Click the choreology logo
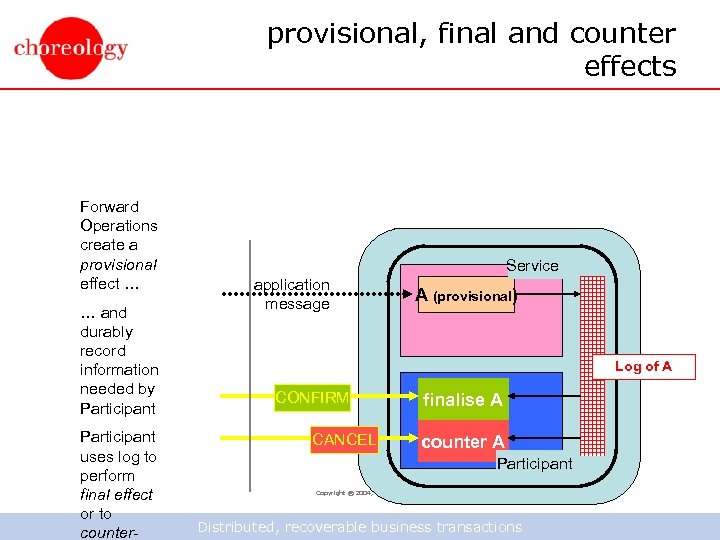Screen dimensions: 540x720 coord(71,47)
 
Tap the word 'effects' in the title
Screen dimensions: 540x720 coord(630,67)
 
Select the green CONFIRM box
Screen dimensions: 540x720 coord(312,399)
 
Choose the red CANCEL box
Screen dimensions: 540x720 coord(344,440)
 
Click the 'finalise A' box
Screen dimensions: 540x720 coord(462,400)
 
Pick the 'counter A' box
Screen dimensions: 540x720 coord(462,442)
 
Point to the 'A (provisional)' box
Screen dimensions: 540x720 coord(465,296)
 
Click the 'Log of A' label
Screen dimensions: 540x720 coord(643,366)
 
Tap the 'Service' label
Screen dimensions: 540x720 coord(532,265)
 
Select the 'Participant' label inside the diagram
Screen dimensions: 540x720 coord(535,463)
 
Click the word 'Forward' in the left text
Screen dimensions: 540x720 coord(109,207)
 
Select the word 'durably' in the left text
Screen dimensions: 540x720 coord(106,332)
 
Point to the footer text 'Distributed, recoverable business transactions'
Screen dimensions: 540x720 coord(360,527)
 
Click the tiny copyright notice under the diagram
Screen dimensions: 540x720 coord(343,493)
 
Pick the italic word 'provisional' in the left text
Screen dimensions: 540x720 coord(118,265)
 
